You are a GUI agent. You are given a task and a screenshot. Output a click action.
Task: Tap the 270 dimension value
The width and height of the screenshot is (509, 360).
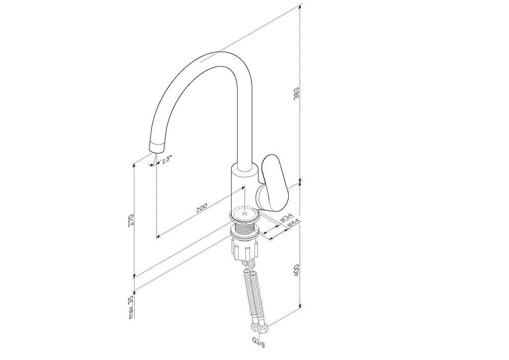click(131, 220)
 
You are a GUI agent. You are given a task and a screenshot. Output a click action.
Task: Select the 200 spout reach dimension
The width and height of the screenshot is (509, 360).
click(201, 208)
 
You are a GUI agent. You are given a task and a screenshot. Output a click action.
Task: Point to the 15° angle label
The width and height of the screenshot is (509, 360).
click(166, 159)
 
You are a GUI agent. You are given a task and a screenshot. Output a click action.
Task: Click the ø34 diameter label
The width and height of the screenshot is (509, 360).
click(286, 217)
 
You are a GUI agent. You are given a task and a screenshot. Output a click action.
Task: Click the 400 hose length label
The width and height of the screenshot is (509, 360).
click(296, 270)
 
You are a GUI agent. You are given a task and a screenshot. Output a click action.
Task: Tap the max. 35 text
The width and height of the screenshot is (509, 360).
click(131, 307)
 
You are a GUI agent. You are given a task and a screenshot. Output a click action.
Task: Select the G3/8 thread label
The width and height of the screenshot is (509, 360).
click(258, 342)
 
